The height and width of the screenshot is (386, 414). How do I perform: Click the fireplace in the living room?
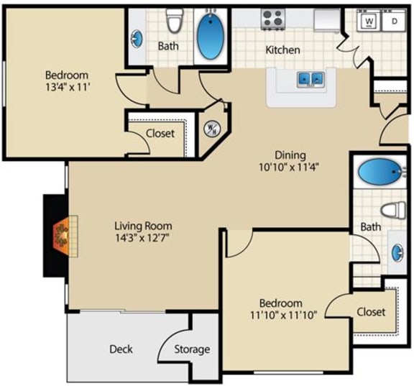(61, 235)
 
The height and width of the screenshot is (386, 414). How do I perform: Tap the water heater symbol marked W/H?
(212, 130)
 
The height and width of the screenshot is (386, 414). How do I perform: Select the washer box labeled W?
(369, 22)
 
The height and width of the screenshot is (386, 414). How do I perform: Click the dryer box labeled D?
(394, 22)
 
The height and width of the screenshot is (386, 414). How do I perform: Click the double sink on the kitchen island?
(311, 78)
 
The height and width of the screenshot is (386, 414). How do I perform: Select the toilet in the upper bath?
(173, 21)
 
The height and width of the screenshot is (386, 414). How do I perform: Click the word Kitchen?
(283, 50)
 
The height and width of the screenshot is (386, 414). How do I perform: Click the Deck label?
(121, 349)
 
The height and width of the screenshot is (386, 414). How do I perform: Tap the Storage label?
(193, 349)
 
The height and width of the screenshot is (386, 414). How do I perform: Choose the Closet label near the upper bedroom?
(160, 133)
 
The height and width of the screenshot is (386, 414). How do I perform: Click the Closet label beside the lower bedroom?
(371, 312)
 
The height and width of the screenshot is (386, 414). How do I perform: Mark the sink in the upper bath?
(137, 39)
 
